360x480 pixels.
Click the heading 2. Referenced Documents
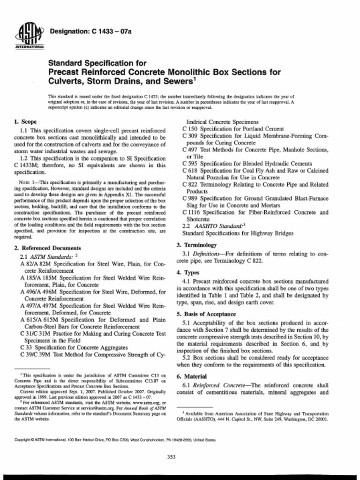tap(48, 247)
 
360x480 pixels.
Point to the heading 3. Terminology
tap(196, 245)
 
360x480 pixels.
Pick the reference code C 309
tap(190, 135)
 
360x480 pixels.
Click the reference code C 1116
tap(191, 212)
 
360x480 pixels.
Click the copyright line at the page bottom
tap(115, 440)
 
